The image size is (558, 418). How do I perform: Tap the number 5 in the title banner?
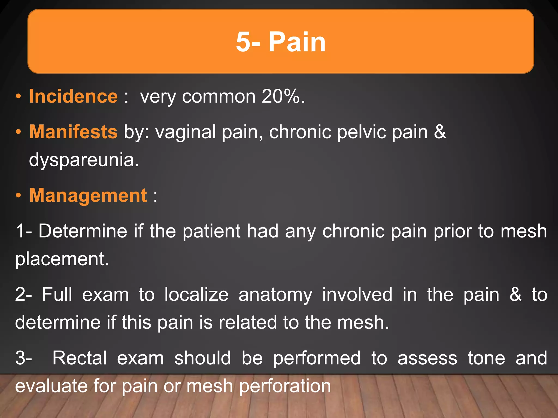[x=243, y=42]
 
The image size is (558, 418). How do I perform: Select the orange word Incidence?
[x=73, y=96]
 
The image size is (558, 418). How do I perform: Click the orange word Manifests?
[x=73, y=132]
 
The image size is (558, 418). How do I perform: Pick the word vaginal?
[x=186, y=132]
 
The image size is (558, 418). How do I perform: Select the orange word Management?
[x=88, y=195]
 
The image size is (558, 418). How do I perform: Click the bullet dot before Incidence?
[x=18, y=96]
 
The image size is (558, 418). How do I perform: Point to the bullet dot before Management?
[x=18, y=195]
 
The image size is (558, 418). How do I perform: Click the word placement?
[x=62, y=259]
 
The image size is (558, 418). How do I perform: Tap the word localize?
[x=196, y=295]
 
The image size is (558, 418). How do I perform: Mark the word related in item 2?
[x=248, y=322]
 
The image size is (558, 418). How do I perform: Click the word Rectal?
[x=79, y=358]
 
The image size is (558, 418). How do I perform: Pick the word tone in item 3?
[x=486, y=358]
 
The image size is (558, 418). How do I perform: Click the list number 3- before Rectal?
[x=24, y=358]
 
